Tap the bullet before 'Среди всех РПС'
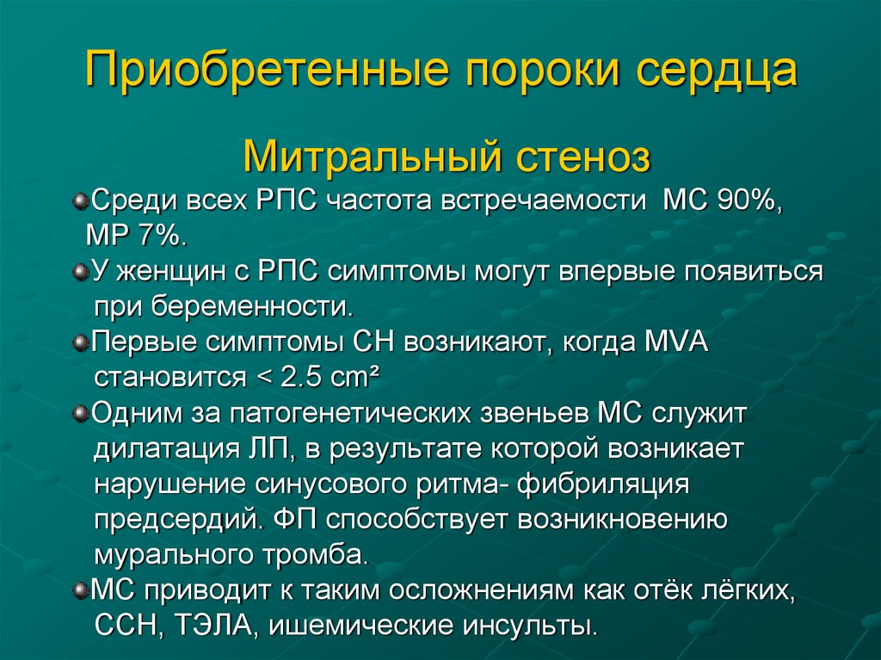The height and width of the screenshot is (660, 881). [x=82, y=200]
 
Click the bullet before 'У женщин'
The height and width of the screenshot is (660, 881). [x=82, y=272]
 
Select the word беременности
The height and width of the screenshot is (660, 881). [x=253, y=306]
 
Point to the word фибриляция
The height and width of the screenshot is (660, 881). [x=603, y=484]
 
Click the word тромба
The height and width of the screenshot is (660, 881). [x=316, y=555]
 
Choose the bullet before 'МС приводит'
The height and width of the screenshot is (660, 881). [x=82, y=591]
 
